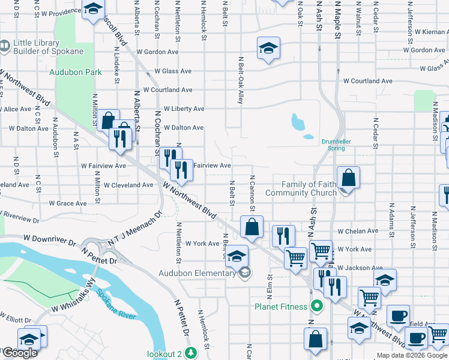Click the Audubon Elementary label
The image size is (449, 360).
point(197,274)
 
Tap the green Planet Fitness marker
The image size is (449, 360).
point(317,306)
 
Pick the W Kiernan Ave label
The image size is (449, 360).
point(426,31)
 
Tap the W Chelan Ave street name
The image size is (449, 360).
point(358,230)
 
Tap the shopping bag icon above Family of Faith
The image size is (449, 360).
point(348,178)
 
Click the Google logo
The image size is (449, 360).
point(19,353)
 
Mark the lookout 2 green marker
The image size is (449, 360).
point(191,352)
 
